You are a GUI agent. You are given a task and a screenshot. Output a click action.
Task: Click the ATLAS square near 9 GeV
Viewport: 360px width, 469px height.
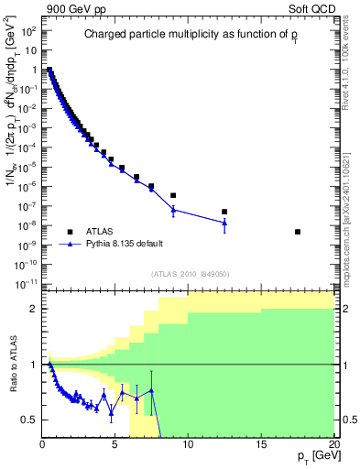point(173,195)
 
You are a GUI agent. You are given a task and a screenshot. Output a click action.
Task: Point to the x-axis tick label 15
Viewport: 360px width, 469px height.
point(261,445)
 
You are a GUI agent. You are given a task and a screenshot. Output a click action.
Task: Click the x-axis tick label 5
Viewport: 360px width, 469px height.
point(115,445)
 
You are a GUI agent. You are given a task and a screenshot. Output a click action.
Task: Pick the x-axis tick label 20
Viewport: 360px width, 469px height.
point(333,445)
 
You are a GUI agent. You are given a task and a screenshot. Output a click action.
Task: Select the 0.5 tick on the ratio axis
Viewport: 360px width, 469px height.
point(31,420)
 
